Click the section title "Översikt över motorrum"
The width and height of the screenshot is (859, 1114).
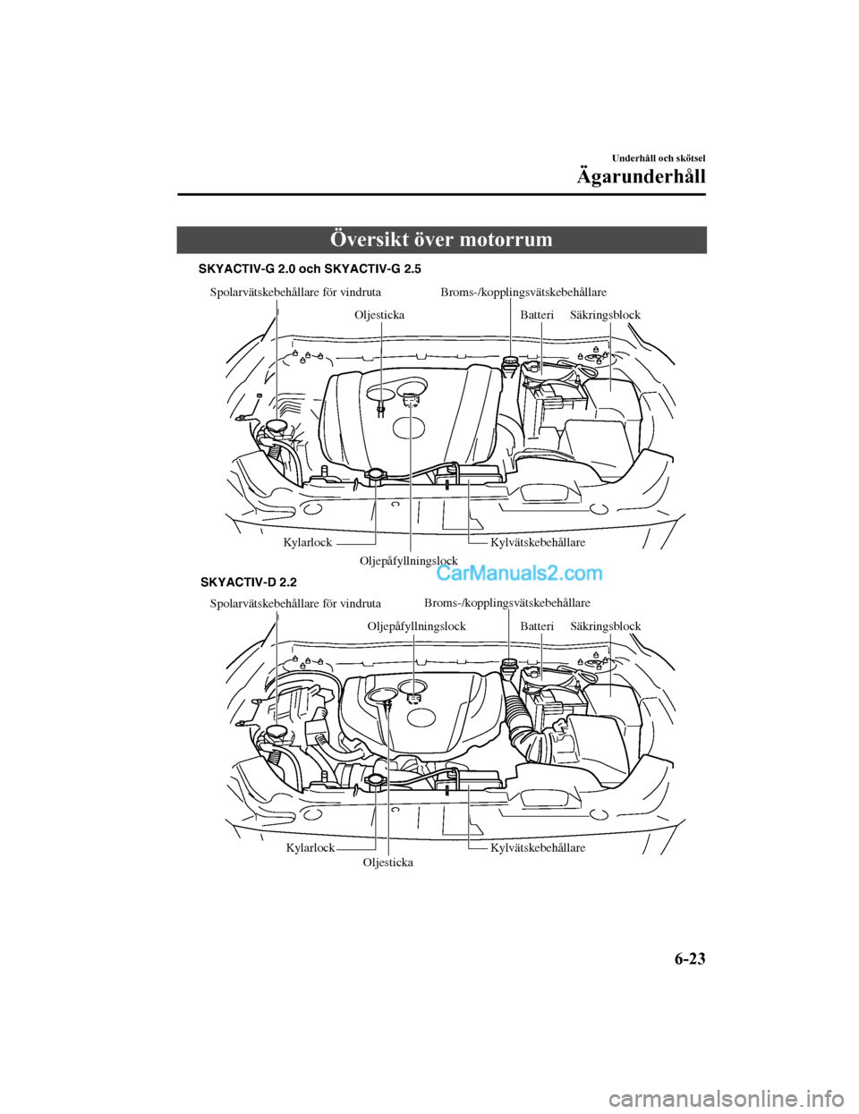[x=441, y=240]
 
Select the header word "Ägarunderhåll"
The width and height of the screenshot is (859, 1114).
[x=641, y=176]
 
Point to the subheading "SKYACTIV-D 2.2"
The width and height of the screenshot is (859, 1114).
[x=248, y=582]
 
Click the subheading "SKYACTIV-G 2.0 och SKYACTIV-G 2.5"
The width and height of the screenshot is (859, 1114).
[x=309, y=268]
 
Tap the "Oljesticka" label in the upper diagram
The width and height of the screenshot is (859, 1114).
[x=379, y=315]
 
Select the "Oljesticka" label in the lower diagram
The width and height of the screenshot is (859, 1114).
[x=387, y=863]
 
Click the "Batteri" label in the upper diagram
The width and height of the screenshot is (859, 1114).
[x=537, y=315]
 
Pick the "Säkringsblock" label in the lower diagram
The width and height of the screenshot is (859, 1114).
[x=606, y=626]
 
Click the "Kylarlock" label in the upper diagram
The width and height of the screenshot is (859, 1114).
[x=307, y=542]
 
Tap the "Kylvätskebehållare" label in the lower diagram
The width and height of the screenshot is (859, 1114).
[x=538, y=847]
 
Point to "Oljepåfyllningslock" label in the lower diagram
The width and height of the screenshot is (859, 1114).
[x=416, y=626]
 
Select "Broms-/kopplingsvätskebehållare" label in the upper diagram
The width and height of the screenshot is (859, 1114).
[x=523, y=292]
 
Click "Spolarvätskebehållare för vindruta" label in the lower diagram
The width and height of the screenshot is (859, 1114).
[x=295, y=603]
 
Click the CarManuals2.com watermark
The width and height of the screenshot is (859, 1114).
[x=519, y=573]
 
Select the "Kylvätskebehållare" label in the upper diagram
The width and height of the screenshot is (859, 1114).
[x=538, y=542]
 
